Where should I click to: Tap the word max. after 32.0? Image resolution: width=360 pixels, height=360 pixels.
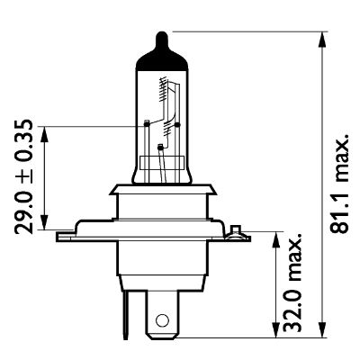(292, 256)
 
